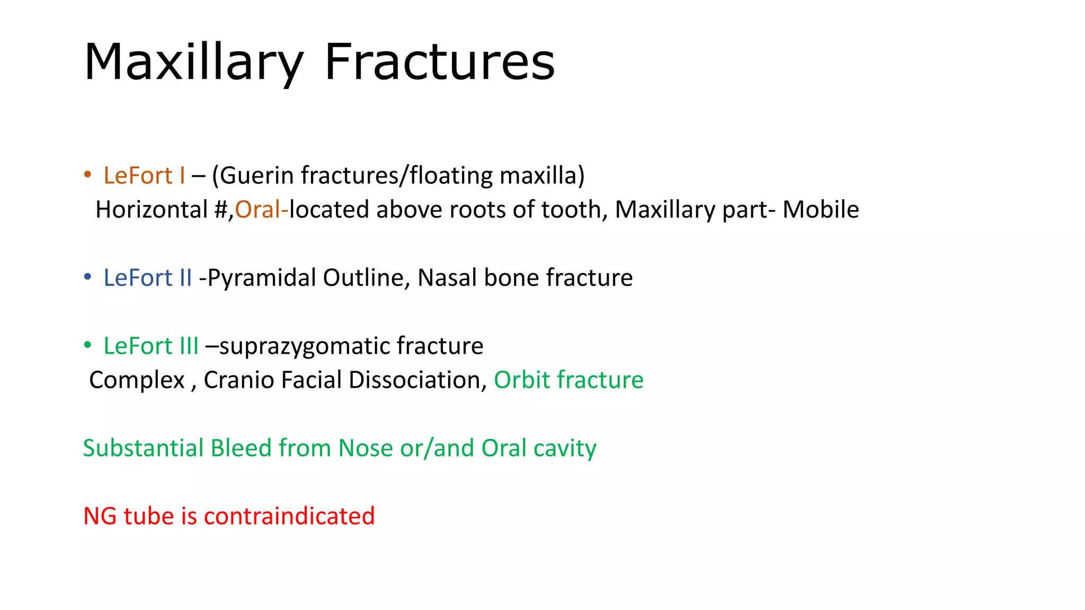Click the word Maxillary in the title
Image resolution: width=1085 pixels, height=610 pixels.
(x=193, y=62)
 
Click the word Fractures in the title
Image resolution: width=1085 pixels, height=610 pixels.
(x=439, y=62)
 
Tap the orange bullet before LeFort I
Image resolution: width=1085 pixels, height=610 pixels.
(x=88, y=175)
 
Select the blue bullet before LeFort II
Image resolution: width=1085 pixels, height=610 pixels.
(x=88, y=277)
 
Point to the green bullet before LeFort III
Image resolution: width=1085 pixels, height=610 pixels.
(x=88, y=345)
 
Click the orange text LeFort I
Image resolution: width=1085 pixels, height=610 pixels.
(x=144, y=175)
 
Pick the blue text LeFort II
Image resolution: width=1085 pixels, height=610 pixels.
(x=147, y=277)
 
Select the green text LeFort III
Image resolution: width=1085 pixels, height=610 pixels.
(x=151, y=346)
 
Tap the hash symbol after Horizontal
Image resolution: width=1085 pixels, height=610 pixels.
(x=221, y=210)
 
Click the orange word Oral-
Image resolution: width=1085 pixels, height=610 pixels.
(x=262, y=210)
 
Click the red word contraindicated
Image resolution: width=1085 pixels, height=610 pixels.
(x=289, y=516)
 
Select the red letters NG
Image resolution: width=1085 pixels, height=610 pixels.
(x=100, y=516)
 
